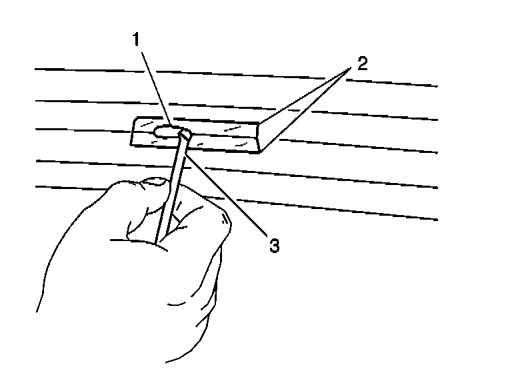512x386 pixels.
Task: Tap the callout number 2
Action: (361, 64)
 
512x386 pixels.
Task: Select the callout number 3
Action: (273, 245)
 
